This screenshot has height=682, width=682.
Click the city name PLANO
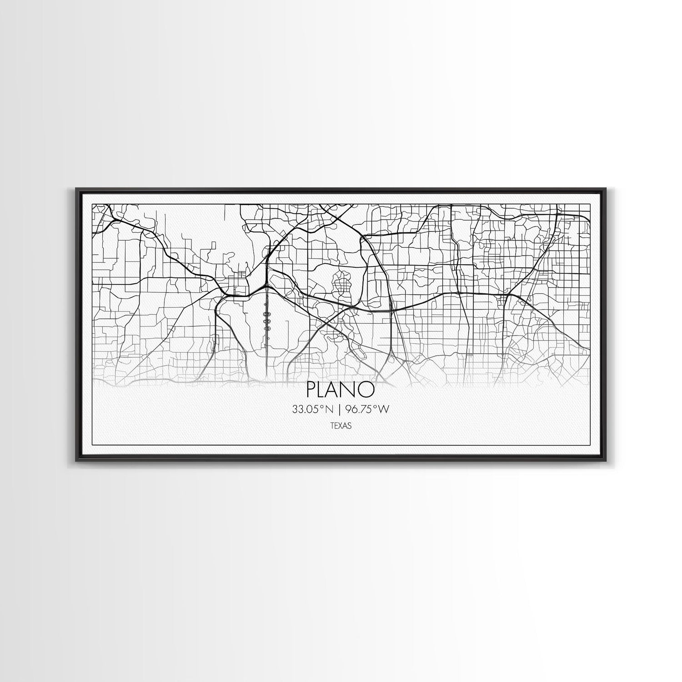pyautogui.click(x=341, y=390)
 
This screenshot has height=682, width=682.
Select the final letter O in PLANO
pyautogui.click(x=367, y=390)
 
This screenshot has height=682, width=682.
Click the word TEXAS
pyautogui.click(x=341, y=426)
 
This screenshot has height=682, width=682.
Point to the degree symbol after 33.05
pyautogui.click(x=323, y=408)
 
